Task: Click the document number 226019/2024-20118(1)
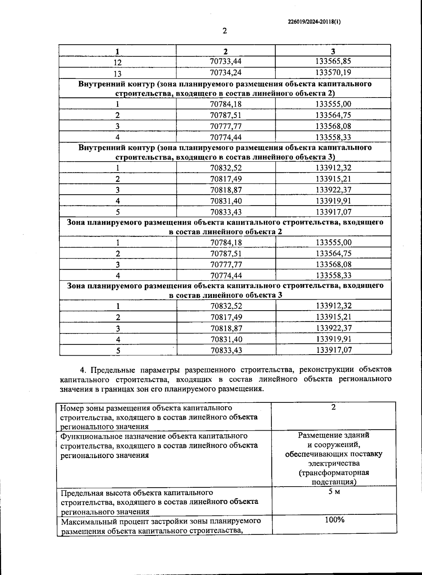[314, 21]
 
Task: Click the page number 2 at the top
[225, 31]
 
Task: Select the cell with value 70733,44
[226, 61]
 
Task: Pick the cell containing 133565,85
[333, 61]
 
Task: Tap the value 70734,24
[226, 73]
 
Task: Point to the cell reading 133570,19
[333, 73]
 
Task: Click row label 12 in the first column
[117, 62]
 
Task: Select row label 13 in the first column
[117, 74]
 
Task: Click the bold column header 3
[333, 51]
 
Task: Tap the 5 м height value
[334, 492]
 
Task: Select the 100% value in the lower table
[334, 520]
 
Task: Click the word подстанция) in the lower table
[334, 482]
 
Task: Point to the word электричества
[334, 463]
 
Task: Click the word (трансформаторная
[334, 473]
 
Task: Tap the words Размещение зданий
[334, 435]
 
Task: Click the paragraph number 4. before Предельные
[83, 370]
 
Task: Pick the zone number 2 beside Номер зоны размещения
[333, 407]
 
